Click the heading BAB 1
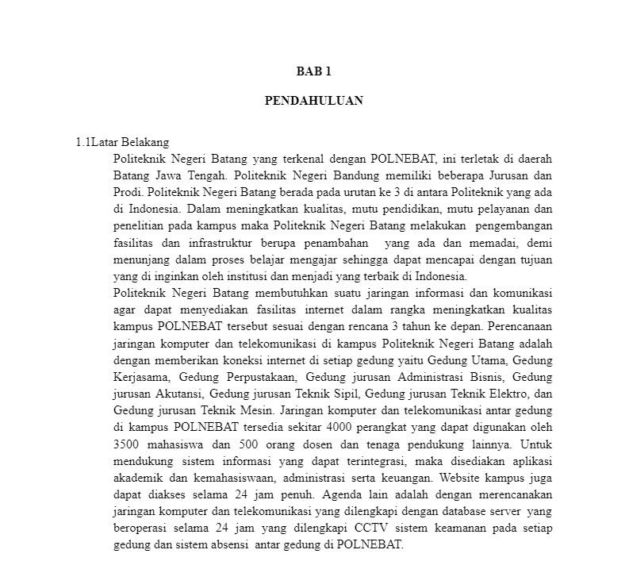pyautogui.click(x=313, y=71)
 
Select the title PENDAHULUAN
pyautogui.click(x=313, y=101)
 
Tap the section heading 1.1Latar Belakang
pyautogui.click(x=122, y=143)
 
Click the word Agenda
pyautogui.click(x=346, y=495)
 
